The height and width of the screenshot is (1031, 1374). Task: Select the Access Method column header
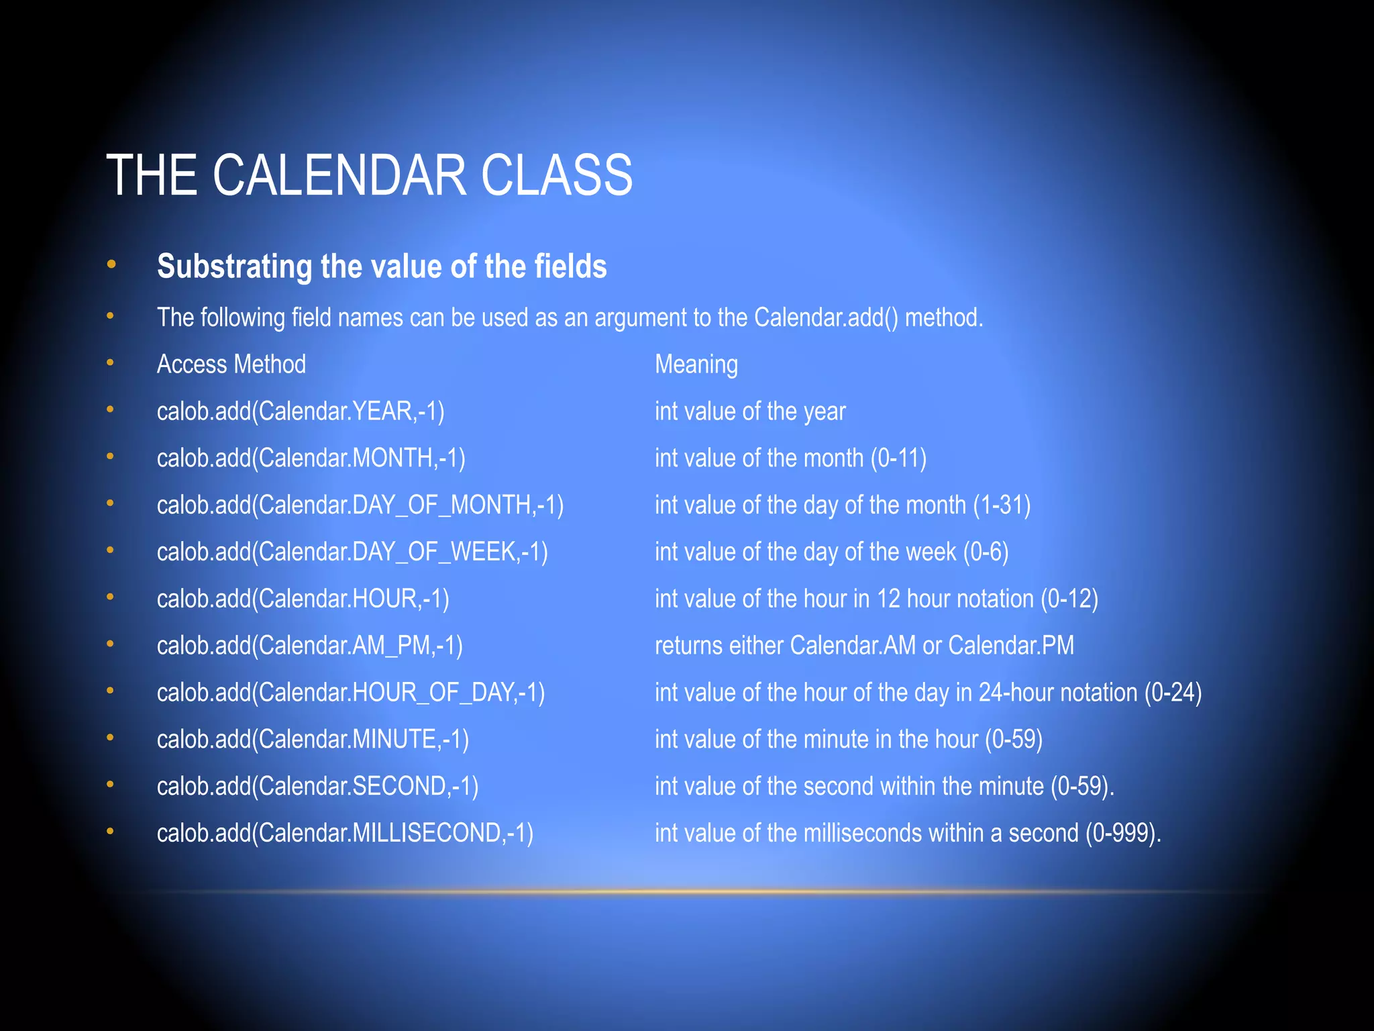coord(231,364)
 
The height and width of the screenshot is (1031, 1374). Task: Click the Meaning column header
coord(696,364)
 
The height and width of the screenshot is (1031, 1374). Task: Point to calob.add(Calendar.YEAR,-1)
coord(301,411)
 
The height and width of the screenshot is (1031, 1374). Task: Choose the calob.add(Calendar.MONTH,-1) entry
coord(311,458)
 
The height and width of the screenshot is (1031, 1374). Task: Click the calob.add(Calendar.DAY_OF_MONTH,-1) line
coord(360,505)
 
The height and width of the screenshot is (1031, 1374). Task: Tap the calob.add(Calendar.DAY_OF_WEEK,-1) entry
coord(352,552)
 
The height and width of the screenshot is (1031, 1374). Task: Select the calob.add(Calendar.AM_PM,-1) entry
coord(309,646)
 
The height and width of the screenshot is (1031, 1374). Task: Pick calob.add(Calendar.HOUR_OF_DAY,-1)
coord(351,693)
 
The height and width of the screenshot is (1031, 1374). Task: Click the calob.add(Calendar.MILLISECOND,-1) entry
coord(345,833)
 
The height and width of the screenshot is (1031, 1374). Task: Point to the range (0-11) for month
coord(898,458)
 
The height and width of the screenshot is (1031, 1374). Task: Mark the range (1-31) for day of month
coord(1002,505)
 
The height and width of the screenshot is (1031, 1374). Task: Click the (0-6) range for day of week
coord(986,552)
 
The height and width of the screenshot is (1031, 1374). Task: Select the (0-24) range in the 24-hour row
coord(1173,693)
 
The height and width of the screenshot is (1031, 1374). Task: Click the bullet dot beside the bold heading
coord(111,264)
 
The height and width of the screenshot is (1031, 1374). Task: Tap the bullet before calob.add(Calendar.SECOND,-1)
coord(111,785)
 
